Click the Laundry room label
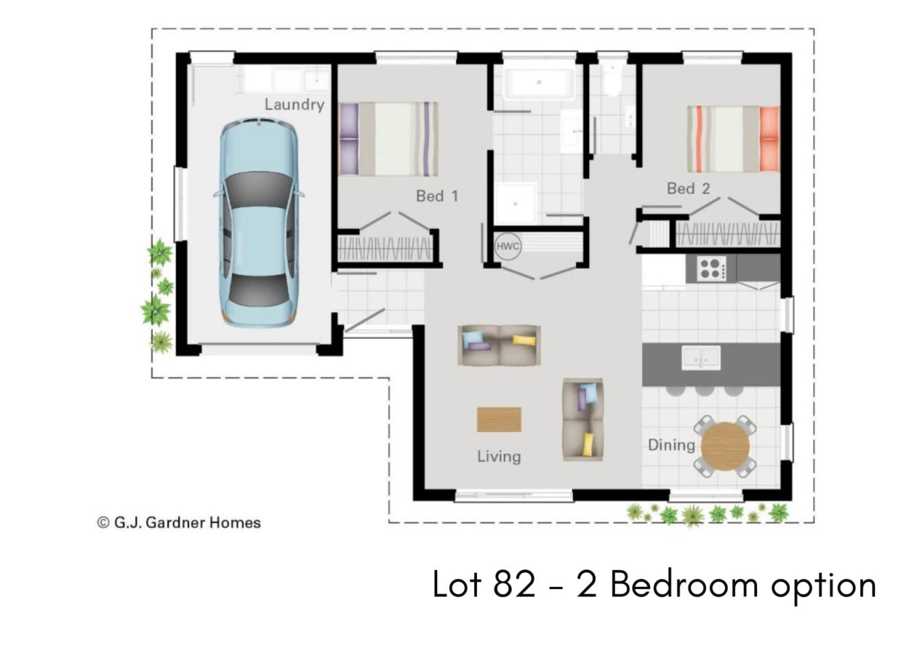pos(294,105)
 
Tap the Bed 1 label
pos(437,196)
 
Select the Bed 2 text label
pos(688,189)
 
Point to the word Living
pos(499,457)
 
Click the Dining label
pos(671,445)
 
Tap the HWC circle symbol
pos(508,246)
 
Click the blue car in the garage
pos(259,223)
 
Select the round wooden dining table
pos(725,446)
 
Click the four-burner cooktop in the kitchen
pos(712,268)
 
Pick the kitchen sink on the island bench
pos(701,358)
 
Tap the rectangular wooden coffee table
pos(499,420)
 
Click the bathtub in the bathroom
pos(539,84)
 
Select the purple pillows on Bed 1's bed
pos(349,139)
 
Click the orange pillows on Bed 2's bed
pos(769,139)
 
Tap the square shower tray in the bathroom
pos(515,204)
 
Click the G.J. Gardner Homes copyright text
pos(179,523)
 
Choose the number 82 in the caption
pos(514,585)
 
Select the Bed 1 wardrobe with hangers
pos(385,249)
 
